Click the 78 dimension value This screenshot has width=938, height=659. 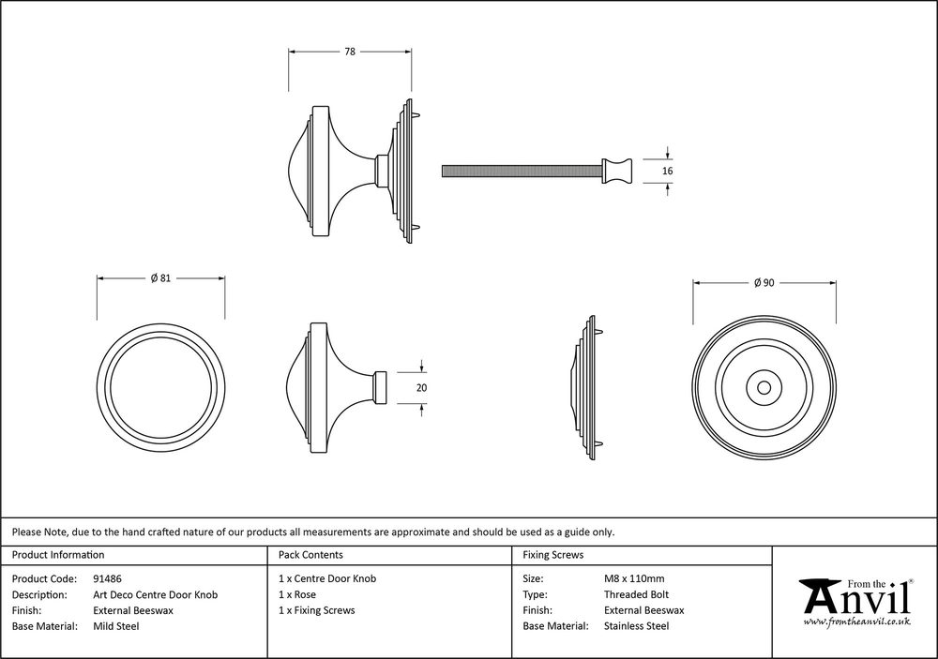pyautogui.click(x=349, y=52)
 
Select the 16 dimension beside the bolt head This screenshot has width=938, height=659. pyautogui.click(x=668, y=171)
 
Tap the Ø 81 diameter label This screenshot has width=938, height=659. pyautogui.click(x=161, y=278)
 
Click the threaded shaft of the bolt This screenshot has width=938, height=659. pyautogui.click(x=522, y=171)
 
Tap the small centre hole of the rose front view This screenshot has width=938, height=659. pyautogui.click(x=764, y=386)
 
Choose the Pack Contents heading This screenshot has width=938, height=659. pyautogui.click(x=310, y=555)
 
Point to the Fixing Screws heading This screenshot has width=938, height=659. pyautogui.click(x=552, y=555)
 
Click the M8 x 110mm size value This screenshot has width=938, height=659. pyautogui.click(x=634, y=579)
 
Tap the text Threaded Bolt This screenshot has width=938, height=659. pyautogui.click(x=636, y=595)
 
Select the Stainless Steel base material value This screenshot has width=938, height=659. pyautogui.click(x=636, y=626)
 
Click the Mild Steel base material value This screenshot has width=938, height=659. pyautogui.click(x=116, y=626)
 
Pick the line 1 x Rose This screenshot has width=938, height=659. pyautogui.click(x=297, y=595)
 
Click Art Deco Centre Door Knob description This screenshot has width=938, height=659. pyautogui.click(x=156, y=595)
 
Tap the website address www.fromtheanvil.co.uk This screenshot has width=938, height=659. pyautogui.click(x=856, y=621)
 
